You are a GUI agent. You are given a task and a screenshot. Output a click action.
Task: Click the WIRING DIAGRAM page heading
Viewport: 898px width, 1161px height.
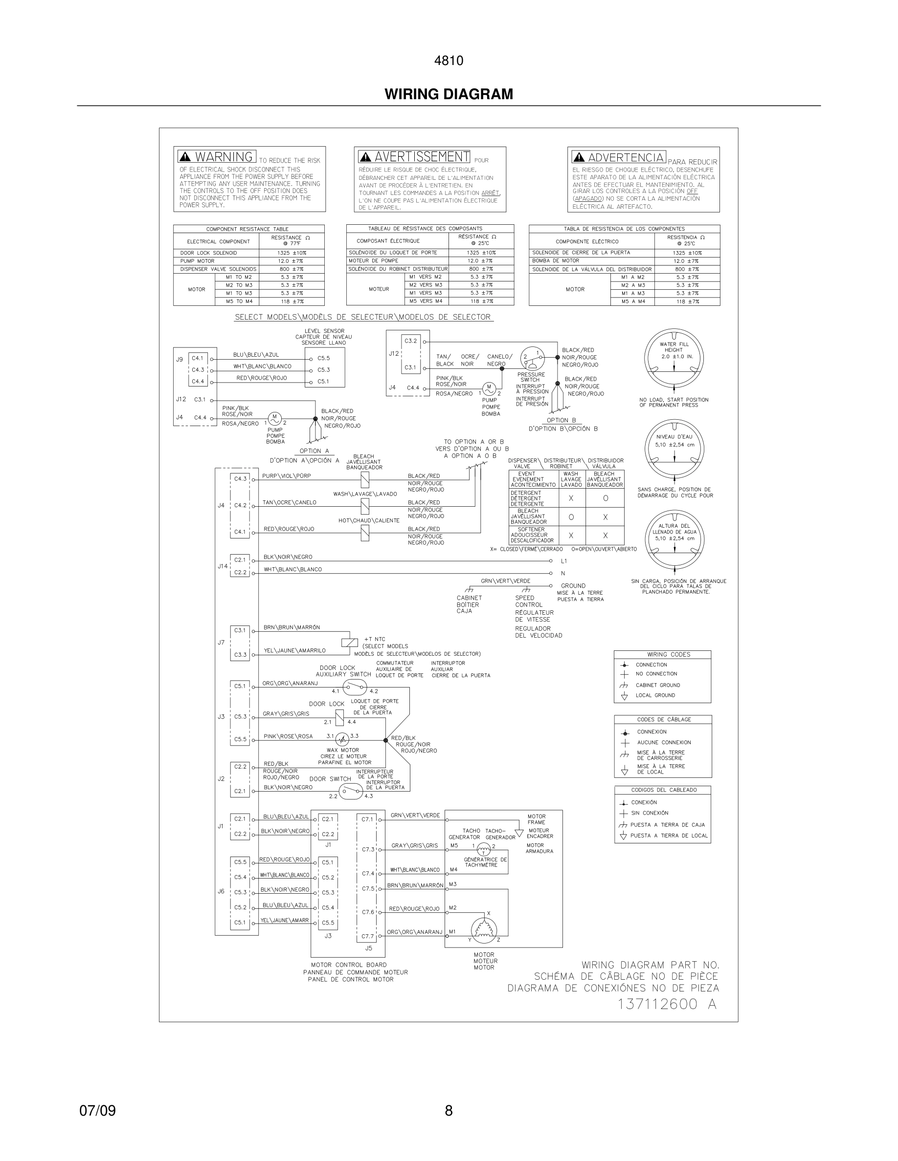pyautogui.click(x=449, y=94)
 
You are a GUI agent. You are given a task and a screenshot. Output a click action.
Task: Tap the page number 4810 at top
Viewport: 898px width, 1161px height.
pyautogui.click(x=449, y=61)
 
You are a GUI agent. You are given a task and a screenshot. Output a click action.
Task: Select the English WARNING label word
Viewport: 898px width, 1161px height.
pyautogui.click(x=223, y=157)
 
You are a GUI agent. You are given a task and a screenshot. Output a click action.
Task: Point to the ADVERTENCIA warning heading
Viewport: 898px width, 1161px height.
pyautogui.click(x=626, y=157)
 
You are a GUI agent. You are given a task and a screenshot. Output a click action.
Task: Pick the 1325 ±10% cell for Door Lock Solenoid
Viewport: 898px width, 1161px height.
pyautogui.click(x=292, y=253)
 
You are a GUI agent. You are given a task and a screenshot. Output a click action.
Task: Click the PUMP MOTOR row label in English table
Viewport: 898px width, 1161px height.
pyautogui.click(x=198, y=261)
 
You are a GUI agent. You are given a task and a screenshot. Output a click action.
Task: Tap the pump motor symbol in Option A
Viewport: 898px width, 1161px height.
pyautogui.click(x=274, y=418)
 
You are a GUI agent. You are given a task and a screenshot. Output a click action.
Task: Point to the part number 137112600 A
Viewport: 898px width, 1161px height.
pyautogui.click(x=667, y=1004)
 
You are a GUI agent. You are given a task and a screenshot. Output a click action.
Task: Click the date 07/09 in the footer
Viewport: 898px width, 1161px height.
pyautogui.click(x=97, y=1111)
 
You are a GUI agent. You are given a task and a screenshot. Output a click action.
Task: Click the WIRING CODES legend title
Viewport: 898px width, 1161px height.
pyautogui.click(x=668, y=654)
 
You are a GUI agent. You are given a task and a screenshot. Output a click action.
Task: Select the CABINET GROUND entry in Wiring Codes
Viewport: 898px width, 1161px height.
pyautogui.click(x=657, y=685)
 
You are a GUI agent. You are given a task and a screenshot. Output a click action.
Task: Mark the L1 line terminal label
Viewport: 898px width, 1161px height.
pyautogui.click(x=564, y=561)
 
